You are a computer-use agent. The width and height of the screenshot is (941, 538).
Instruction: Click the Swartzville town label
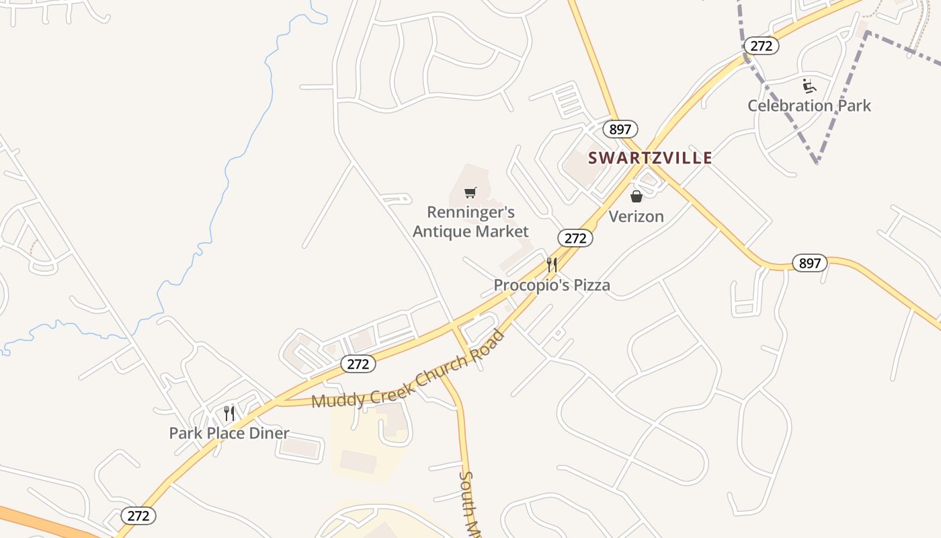pos(650,158)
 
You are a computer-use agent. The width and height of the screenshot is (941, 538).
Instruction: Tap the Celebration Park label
pos(809,106)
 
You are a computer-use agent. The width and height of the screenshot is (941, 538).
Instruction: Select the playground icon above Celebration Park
pos(809,86)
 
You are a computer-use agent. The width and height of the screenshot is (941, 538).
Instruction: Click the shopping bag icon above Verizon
pos(636,196)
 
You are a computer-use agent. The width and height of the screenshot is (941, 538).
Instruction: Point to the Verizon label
pos(636,217)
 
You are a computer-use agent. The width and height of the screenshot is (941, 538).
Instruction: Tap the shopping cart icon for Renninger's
pos(470,193)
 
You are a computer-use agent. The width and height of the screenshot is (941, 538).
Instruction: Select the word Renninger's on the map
pos(470,213)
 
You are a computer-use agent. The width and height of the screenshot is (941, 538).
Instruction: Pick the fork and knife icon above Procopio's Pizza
pos(552,264)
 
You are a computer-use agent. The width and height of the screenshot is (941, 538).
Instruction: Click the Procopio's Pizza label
pos(552,285)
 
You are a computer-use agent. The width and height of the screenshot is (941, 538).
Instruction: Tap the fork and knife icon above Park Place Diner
pos(229,413)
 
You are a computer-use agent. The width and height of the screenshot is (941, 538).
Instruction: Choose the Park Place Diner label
pos(229,433)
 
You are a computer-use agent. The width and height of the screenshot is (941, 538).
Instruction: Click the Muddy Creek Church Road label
pos(408,371)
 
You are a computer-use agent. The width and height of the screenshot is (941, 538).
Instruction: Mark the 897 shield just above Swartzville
pos(620,129)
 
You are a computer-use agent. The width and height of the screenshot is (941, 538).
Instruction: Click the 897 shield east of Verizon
pos(809,263)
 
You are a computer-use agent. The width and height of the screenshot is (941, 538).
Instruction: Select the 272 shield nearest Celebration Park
pos(761,46)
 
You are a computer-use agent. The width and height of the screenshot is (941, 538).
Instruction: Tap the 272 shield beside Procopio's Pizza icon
pos(575,238)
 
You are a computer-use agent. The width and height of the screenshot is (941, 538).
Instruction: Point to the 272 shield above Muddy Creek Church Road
pos(358,364)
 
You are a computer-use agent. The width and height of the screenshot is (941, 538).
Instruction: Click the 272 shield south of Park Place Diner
pos(138,516)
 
